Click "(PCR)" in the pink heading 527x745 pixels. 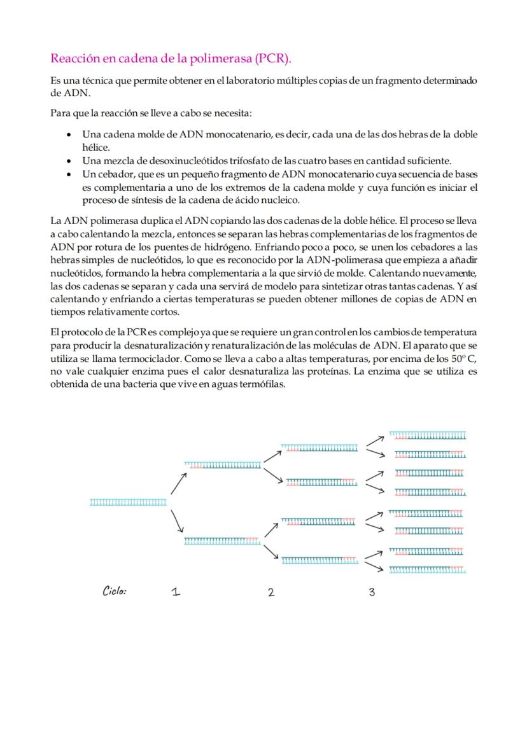click(272, 59)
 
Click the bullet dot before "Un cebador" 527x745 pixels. click(69, 174)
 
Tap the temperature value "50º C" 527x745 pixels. click(464, 358)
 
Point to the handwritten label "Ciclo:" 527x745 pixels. click(115, 591)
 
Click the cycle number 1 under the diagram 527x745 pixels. click(176, 592)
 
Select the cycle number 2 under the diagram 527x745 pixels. click(271, 592)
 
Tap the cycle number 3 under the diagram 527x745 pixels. click(372, 592)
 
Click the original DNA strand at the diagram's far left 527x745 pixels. click(127, 503)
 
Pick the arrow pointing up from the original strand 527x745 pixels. click(178, 484)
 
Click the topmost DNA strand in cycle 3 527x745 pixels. click(427, 436)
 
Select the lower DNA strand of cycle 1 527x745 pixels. click(222, 541)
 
